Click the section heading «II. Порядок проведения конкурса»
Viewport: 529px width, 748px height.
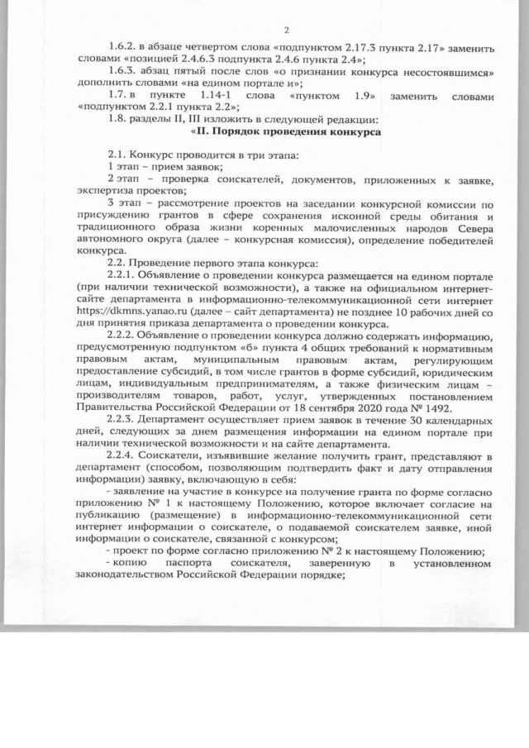pyautogui.click(x=285, y=131)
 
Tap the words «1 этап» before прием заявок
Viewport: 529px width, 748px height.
pyautogui.click(x=124, y=166)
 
